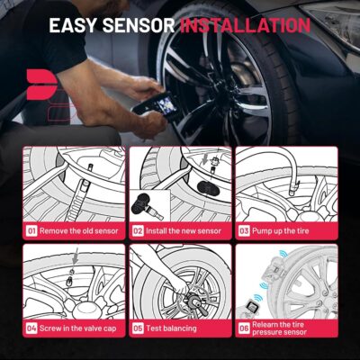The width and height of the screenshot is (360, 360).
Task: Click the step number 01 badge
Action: click(x=31, y=229)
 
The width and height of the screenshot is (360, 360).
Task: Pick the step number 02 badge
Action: click(x=138, y=229)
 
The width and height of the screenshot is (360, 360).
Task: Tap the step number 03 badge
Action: click(x=244, y=229)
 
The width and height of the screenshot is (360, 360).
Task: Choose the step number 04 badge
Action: click(x=31, y=328)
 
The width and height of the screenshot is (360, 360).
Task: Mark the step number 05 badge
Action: click(x=138, y=328)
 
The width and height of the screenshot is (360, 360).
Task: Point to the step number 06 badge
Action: click(x=244, y=328)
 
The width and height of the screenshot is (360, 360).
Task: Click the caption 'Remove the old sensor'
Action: click(x=78, y=229)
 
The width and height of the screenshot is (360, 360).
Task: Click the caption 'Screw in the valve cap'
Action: click(x=80, y=328)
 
